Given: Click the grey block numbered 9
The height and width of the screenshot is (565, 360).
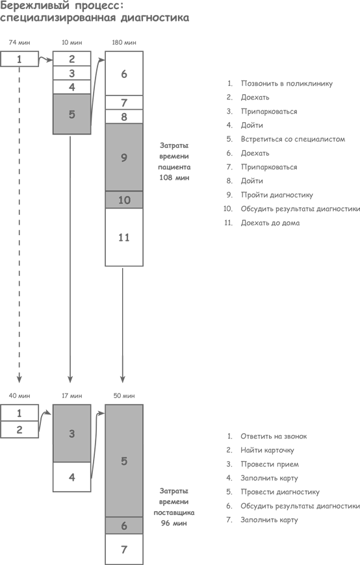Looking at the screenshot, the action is click(124, 157).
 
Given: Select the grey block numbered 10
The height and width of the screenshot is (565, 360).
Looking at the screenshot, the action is click(124, 199).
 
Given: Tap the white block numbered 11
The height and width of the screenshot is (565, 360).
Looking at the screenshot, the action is click(124, 237).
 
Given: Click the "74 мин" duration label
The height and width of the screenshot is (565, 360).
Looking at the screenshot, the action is click(19, 42).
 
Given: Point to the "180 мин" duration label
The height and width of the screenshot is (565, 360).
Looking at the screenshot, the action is click(124, 42).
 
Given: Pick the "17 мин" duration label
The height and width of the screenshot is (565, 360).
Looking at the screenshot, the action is click(71, 395).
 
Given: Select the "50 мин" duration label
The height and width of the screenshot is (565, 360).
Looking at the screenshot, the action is click(124, 395).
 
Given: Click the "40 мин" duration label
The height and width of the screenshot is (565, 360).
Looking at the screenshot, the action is click(19, 395).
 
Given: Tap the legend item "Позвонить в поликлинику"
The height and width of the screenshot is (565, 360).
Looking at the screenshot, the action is click(287, 84).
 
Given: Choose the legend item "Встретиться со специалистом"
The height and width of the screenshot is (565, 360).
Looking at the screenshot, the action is click(293, 139).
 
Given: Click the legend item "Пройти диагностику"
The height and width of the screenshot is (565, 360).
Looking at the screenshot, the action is click(277, 195).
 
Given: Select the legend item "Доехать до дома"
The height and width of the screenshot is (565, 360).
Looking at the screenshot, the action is click(270, 223).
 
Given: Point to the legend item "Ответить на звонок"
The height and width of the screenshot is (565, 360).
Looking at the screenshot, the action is click(274, 436).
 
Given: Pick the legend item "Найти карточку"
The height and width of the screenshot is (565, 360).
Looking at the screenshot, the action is click(267, 450).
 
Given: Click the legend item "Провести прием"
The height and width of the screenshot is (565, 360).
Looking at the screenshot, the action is click(270, 464).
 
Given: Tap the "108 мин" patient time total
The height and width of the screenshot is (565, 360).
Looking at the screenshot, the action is click(174, 177).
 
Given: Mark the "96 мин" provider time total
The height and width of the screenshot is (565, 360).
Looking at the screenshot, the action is click(174, 523).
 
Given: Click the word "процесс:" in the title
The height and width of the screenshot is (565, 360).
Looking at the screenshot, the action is click(100, 6).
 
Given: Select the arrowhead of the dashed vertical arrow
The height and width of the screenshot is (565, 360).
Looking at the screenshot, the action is click(19, 379).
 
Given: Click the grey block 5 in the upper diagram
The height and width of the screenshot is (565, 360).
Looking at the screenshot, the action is click(71, 114).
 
